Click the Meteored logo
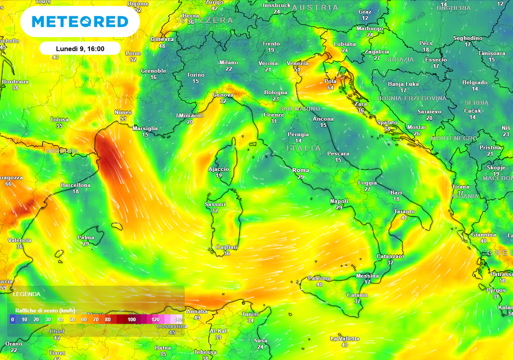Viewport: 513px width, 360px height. point(80,22)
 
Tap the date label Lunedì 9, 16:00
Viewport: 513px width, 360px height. point(80,49)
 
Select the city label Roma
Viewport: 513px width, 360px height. point(301,170)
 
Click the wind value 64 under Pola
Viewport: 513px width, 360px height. point(330,88)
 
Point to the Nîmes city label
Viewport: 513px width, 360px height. point(123,112)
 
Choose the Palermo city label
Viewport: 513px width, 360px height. point(319,278)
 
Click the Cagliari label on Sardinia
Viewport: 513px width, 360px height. point(226,247)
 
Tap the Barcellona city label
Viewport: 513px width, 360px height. point(76,185)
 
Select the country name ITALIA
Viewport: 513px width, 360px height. point(304,149)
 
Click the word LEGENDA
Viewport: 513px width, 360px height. point(27,294)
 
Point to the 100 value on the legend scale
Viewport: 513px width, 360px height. point(132,319)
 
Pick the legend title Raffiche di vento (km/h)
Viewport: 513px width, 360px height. point(45,310)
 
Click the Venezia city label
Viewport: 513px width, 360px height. point(297,63)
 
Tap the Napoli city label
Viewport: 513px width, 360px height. point(339,201)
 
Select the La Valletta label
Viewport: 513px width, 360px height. point(345,338)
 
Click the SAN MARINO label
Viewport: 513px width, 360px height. point(300,109)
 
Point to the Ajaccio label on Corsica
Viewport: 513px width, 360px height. point(218,169)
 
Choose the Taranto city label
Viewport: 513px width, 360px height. point(404,212)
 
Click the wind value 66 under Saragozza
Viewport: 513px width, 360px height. point(8,184)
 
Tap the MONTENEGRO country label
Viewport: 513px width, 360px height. point(454,138)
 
